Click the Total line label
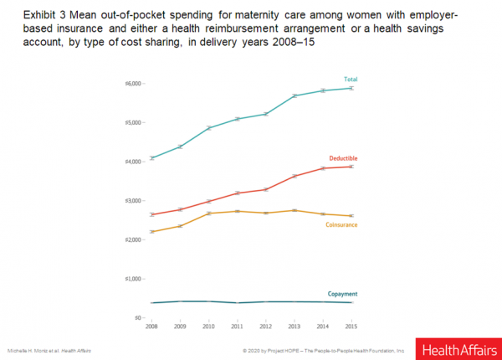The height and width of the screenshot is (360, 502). pos(351,80)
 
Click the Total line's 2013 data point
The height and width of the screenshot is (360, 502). pos(295,96)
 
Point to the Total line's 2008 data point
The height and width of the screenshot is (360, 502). pos(151,158)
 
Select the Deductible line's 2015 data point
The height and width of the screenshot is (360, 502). pos(352,167)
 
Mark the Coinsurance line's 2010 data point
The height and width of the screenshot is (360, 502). pos(209,213)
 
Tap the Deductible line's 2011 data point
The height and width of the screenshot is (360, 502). pos(238,193)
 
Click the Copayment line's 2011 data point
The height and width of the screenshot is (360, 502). pos(238,303)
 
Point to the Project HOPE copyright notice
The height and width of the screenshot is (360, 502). pos(322,349)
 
